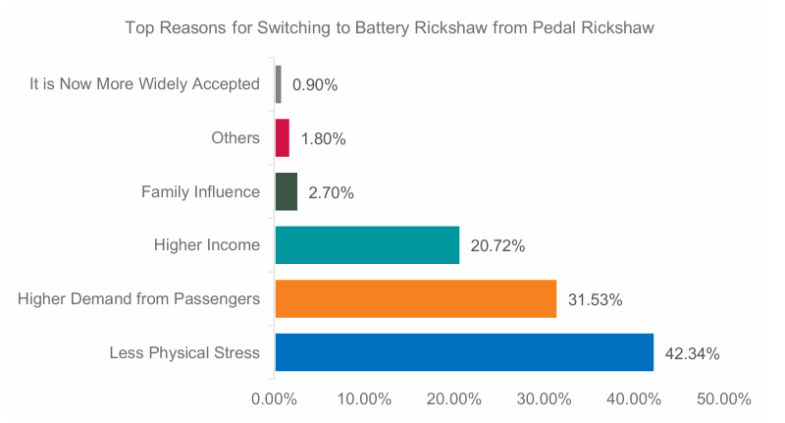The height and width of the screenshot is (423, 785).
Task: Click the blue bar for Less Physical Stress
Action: [x=464, y=352]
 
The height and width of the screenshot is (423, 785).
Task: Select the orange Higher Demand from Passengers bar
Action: [x=415, y=299]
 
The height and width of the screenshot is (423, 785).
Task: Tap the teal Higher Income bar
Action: [x=367, y=245]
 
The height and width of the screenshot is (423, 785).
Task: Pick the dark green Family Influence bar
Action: [x=287, y=192]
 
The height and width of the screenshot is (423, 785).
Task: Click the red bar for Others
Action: [x=283, y=138]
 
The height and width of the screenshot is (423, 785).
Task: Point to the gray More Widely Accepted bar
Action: [x=279, y=84]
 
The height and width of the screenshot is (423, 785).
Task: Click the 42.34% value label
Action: [x=693, y=353]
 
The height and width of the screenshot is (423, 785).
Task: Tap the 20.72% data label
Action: [x=498, y=246]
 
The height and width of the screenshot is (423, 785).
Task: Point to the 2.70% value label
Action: [x=331, y=192]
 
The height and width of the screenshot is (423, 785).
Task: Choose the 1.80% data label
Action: [x=323, y=139]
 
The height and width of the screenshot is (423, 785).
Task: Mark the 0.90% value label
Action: [x=315, y=85]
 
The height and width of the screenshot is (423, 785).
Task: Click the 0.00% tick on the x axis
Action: [x=275, y=399]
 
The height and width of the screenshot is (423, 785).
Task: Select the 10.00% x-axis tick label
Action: [x=364, y=399]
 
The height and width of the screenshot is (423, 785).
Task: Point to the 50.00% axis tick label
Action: [x=724, y=399]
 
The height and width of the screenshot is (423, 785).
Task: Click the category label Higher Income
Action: [x=207, y=245]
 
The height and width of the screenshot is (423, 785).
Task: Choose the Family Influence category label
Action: [x=200, y=191]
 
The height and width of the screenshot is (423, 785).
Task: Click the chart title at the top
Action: [x=390, y=28]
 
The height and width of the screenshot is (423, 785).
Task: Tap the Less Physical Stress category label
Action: [x=184, y=352]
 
